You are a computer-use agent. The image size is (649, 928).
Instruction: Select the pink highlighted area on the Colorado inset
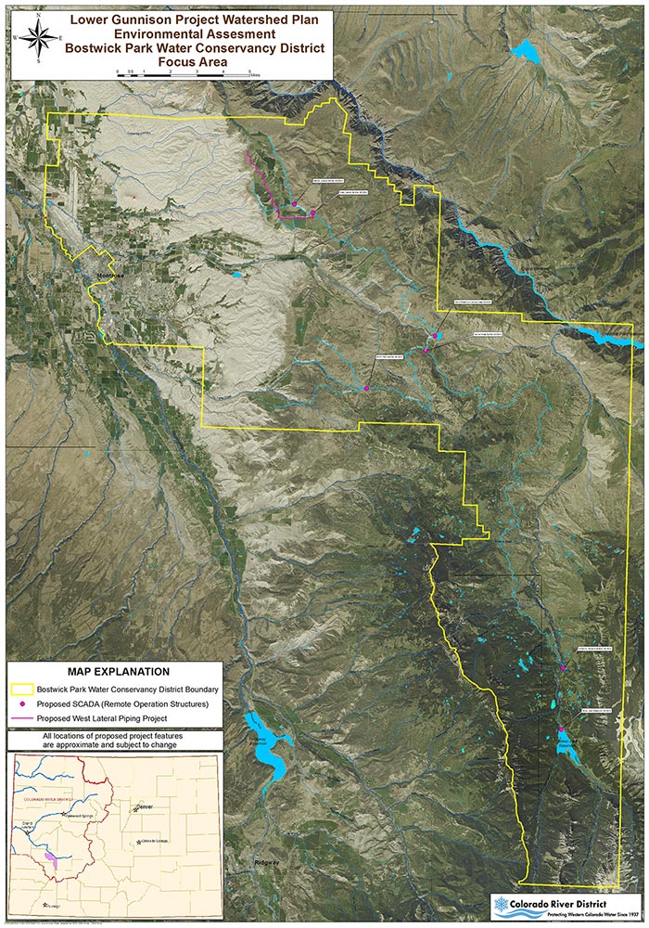(52, 862)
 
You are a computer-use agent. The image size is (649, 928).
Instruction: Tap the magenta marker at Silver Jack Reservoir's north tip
(561, 730)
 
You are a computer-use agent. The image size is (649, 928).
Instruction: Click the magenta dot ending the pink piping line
(312, 213)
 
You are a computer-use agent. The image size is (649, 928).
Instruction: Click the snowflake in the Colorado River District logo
(503, 903)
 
